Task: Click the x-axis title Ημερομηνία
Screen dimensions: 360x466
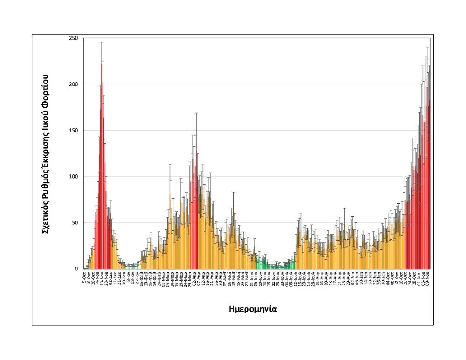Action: pyautogui.click(x=254, y=309)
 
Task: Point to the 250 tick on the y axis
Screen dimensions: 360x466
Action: pyautogui.click(x=73, y=38)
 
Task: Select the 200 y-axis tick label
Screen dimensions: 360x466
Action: pyautogui.click(x=73, y=84)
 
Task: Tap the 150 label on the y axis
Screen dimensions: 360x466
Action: pyautogui.click(x=73, y=131)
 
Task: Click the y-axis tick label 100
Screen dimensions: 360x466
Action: pyautogui.click(x=73, y=177)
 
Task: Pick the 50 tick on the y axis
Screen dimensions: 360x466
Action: pyautogui.click(x=75, y=223)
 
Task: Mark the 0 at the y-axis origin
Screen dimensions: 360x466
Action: pyautogui.click(x=76, y=269)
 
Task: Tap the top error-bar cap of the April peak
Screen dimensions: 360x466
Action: pyautogui.click(x=196, y=113)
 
